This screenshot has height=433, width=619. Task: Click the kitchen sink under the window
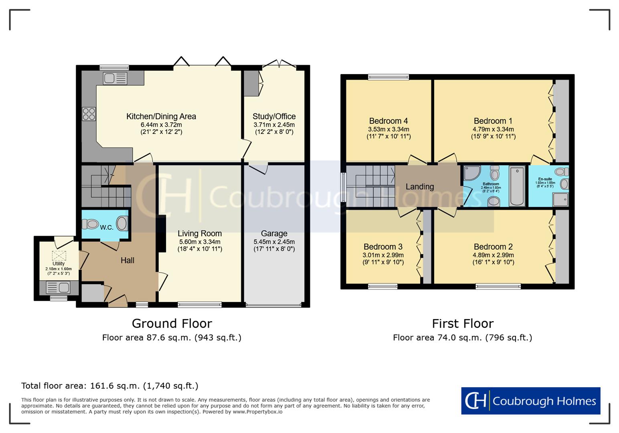point(115,78)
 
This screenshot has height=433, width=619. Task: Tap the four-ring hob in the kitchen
point(89,114)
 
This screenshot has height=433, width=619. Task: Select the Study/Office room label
point(274,117)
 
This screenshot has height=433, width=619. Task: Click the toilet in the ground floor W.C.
point(92,224)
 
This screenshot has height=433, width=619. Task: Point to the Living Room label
point(200,233)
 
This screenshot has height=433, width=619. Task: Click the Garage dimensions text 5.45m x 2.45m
point(274,242)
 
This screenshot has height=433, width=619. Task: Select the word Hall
point(127,261)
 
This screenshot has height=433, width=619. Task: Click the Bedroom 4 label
point(388,121)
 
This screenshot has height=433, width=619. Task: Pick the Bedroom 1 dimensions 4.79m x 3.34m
point(493,129)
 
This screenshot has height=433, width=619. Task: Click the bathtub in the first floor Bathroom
point(517,186)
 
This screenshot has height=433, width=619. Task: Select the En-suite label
point(545,179)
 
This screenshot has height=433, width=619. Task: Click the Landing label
point(419,186)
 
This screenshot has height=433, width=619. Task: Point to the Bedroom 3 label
point(383,247)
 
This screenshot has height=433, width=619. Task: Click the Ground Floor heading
point(172,323)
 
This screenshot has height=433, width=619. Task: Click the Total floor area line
point(109,386)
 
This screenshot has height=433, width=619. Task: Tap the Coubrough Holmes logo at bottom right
point(530,401)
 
